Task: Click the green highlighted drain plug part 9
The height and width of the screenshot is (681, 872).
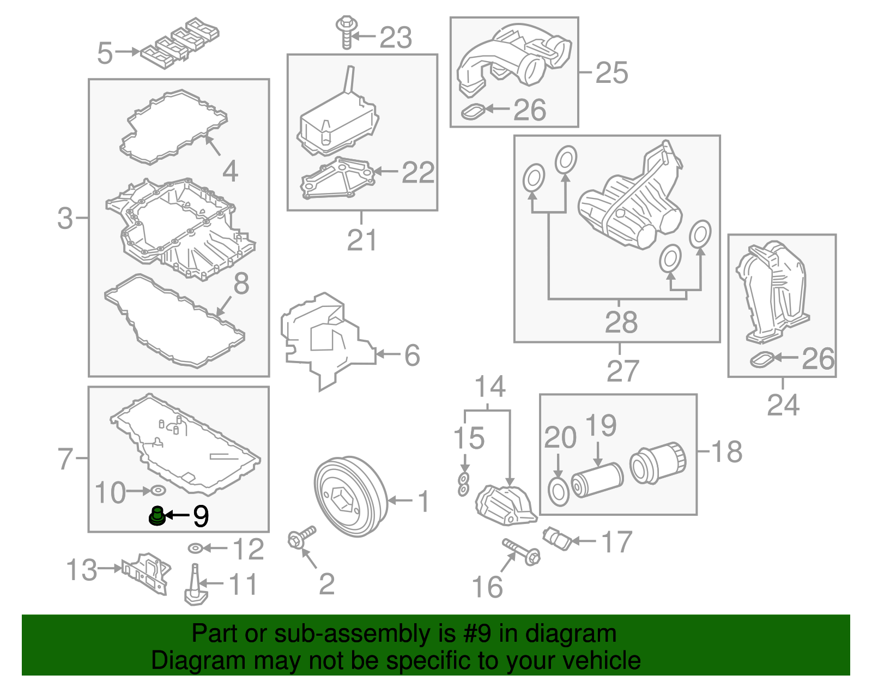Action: (157, 516)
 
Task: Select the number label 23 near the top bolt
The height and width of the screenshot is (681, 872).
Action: (395, 38)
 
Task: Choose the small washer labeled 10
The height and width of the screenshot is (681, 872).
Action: (158, 491)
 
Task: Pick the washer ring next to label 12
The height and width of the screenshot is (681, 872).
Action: (195, 547)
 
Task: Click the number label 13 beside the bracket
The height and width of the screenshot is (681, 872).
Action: (82, 570)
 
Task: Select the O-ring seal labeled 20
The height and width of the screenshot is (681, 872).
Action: (559, 492)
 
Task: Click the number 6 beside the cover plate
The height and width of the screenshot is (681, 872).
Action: (412, 355)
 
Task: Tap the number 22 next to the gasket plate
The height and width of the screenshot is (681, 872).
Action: (418, 172)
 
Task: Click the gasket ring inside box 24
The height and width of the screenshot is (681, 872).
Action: (762, 359)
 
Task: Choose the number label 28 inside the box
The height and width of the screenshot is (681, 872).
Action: (621, 322)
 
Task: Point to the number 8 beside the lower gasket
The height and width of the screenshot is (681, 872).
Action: (241, 284)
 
